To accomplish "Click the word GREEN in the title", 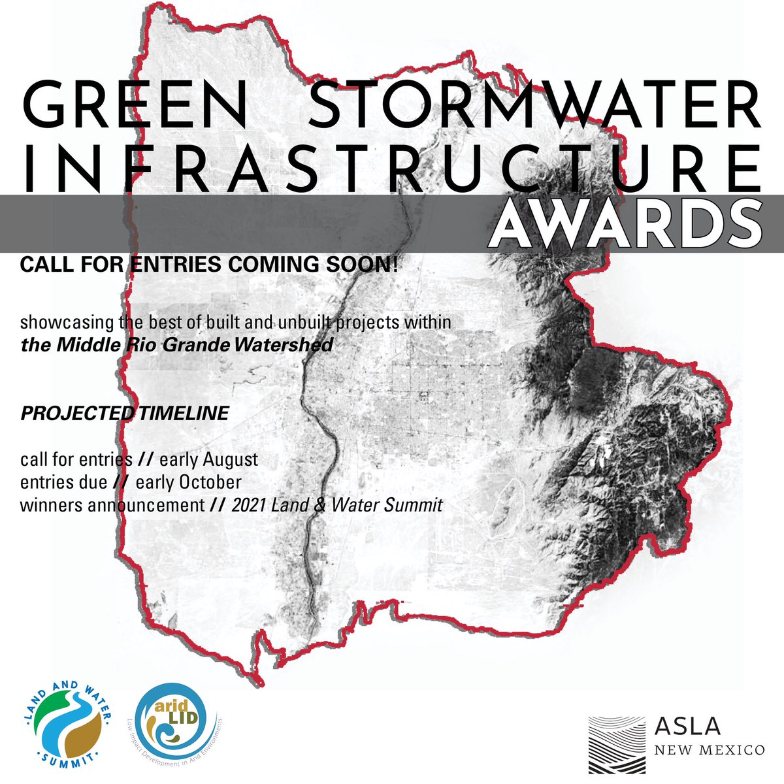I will coord(135,106).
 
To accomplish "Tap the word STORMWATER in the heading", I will coord(535,106).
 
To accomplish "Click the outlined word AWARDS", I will coord(626,224).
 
